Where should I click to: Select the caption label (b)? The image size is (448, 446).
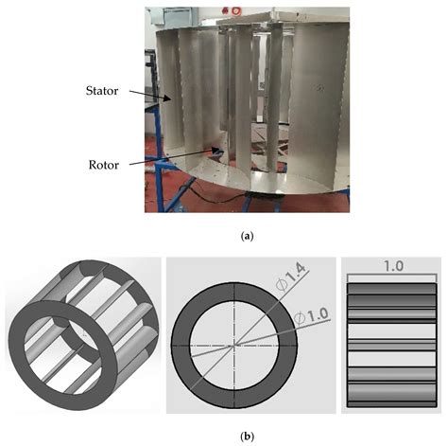pos(223,437)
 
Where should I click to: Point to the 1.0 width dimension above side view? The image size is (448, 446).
pos(392,266)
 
